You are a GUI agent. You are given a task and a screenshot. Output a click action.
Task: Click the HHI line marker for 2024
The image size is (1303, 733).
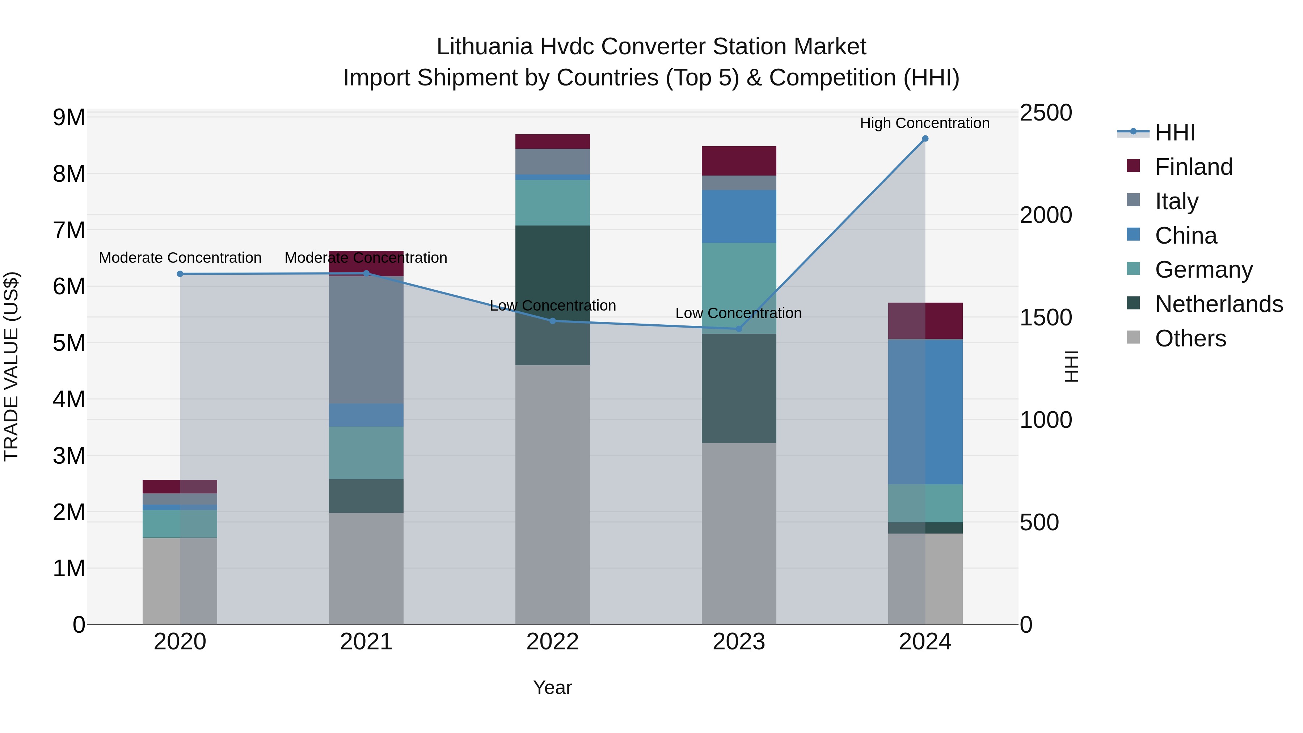click(x=925, y=139)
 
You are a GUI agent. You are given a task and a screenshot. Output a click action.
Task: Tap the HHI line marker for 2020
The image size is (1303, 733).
click(x=180, y=274)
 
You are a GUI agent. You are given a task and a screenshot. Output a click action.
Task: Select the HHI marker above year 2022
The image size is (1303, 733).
click(x=552, y=321)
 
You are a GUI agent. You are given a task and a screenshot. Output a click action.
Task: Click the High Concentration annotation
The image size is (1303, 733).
click(x=925, y=123)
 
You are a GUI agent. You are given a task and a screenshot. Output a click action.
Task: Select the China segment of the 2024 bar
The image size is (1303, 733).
click(x=925, y=412)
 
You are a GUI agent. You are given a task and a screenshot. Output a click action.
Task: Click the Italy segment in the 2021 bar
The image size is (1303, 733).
click(x=366, y=340)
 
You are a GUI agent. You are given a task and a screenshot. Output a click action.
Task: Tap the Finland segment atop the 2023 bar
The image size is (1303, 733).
click(x=738, y=161)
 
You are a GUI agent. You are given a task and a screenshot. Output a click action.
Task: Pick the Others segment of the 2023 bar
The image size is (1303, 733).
click(x=738, y=534)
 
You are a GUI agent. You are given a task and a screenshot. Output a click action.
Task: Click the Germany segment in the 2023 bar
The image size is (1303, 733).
click(x=738, y=288)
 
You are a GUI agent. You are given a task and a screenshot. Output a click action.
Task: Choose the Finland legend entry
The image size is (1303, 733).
click(x=1194, y=167)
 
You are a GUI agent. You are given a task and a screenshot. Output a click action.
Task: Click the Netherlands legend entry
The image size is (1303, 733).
click(x=1219, y=304)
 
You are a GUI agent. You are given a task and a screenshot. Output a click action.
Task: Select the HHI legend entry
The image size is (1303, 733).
click(x=1175, y=132)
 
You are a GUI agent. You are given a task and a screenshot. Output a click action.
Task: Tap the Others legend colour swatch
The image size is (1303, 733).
click(x=1134, y=337)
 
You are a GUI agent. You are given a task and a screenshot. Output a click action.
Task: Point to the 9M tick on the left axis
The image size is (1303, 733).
click(x=69, y=117)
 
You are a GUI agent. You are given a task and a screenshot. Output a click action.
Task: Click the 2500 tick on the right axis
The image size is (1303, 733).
click(x=1045, y=113)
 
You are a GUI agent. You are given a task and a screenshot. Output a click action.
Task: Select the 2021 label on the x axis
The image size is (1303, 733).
click(x=366, y=642)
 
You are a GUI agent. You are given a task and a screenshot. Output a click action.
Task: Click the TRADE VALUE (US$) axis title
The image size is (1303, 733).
click(x=11, y=366)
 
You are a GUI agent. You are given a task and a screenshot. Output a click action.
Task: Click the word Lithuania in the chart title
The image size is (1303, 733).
click(x=485, y=47)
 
